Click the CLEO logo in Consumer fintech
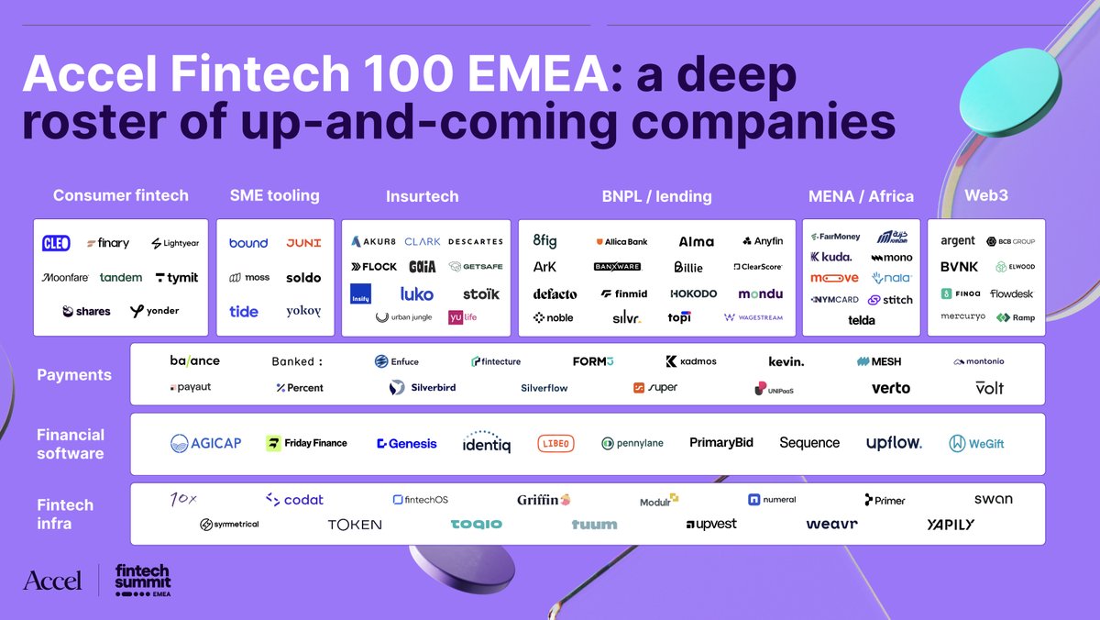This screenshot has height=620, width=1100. click(x=56, y=243)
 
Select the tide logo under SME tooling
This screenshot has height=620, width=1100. click(x=244, y=311)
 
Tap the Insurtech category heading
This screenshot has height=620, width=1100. click(x=422, y=195)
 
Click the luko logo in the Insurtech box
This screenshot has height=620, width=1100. click(x=417, y=294)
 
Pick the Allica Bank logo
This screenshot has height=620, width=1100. click(x=621, y=241)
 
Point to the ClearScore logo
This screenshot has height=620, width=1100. click(x=757, y=267)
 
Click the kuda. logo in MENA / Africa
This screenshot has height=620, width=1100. click(x=831, y=257)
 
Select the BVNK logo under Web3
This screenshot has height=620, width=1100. click(x=959, y=267)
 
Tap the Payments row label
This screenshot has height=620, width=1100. click(x=74, y=374)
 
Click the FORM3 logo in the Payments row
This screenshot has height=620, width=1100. click(x=592, y=361)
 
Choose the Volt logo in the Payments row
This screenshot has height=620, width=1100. click(x=989, y=388)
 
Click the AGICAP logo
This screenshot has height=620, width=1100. click(x=206, y=443)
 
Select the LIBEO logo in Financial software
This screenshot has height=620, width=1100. click(x=555, y=443)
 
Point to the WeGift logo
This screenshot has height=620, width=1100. click(x=976, y=443)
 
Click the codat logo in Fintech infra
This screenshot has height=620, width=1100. click(x=294, y=500)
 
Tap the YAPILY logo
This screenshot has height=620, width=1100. click(x=951, y=525)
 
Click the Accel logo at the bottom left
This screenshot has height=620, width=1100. click(x=52, y=580)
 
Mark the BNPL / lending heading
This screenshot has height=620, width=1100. click(x=656, y=195)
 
